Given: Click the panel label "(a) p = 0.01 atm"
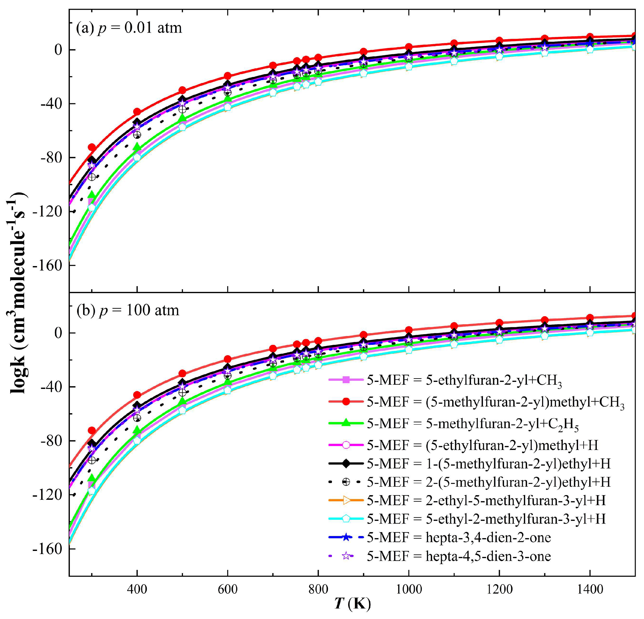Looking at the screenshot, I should [129, 28].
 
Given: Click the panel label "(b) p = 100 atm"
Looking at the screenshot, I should [128, 310].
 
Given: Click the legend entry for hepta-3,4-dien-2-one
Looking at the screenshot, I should [459, 537].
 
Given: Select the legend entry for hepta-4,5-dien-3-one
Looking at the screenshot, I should [459, 556].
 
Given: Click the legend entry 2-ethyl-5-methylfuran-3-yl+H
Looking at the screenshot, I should [486, 500].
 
